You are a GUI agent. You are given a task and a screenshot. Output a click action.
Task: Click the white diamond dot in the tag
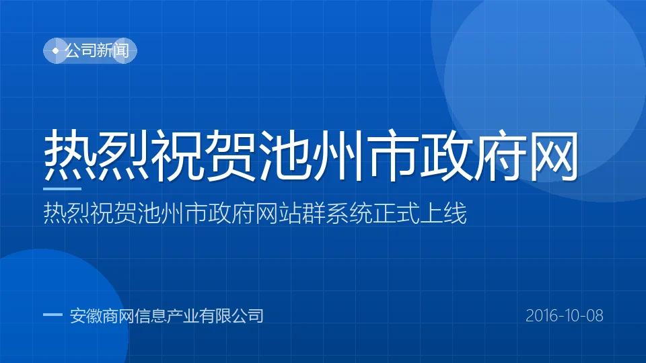(56, 50)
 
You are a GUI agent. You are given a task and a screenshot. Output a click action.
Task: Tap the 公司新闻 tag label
(97, 50)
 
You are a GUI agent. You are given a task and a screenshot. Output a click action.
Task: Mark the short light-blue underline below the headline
(62, 189)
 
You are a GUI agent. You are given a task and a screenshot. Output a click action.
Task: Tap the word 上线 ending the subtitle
(443, 213)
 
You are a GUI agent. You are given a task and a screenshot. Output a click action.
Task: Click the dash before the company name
(52, 315)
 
